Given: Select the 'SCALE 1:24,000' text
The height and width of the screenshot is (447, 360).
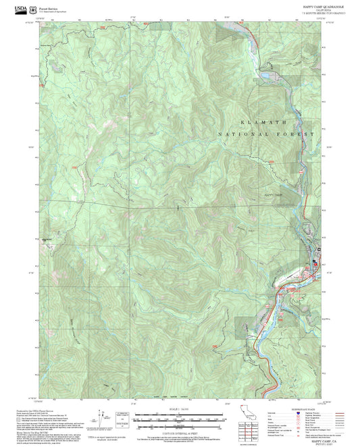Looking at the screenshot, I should (x=178, y=409).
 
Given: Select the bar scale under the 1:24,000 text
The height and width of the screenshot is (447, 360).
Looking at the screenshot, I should (x=178, y=417).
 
